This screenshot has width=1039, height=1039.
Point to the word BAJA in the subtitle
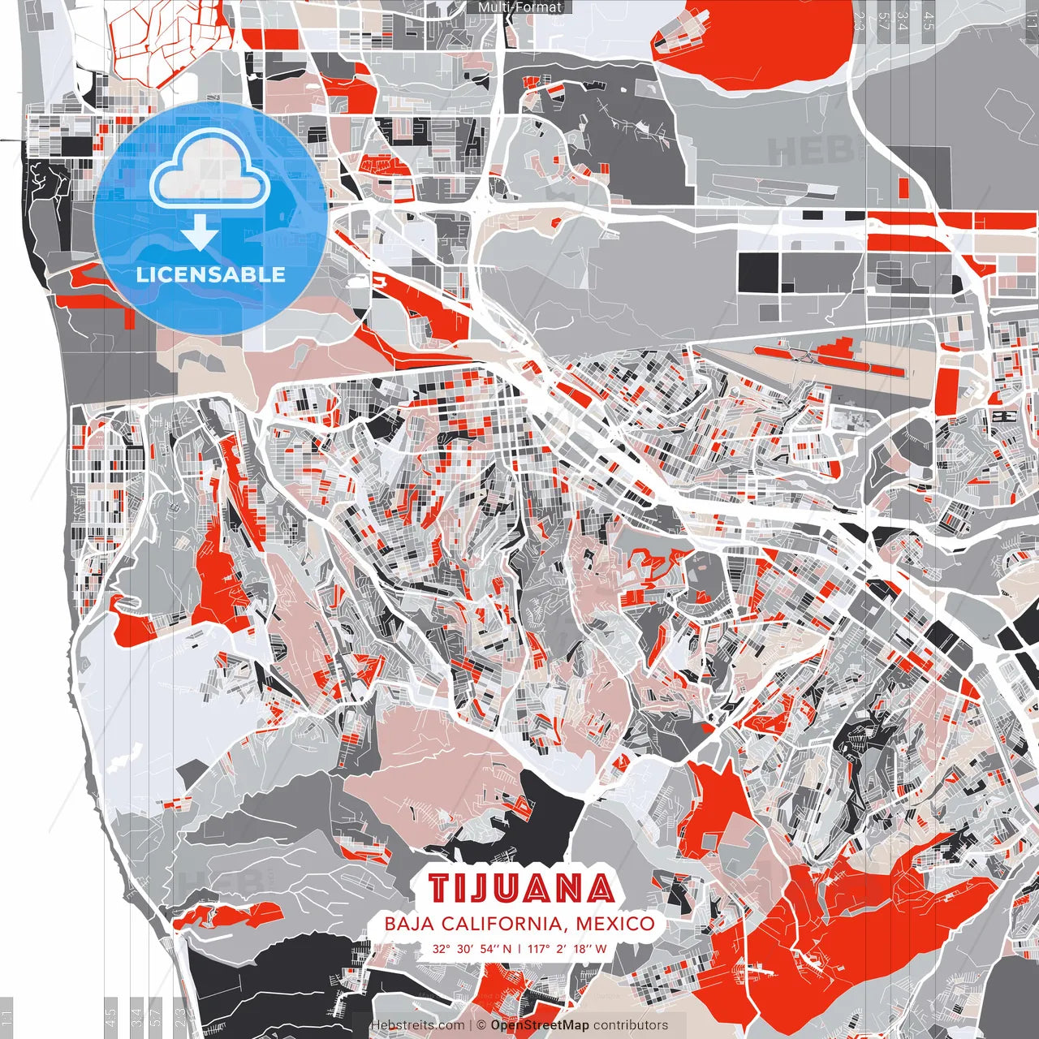[x=407, y=924]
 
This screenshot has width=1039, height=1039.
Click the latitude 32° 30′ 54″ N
[x=472, y=948]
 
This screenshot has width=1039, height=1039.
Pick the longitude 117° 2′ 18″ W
[x=567, y=948]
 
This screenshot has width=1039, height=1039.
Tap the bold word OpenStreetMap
[x=540, y=1025]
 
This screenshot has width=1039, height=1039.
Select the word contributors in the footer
[x=631, y=1025]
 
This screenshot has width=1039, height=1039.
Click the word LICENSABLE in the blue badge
[x=210, y=274]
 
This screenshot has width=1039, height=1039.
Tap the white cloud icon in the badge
[x=210, y=173]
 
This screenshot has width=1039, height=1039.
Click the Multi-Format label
[x=519, y=7]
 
